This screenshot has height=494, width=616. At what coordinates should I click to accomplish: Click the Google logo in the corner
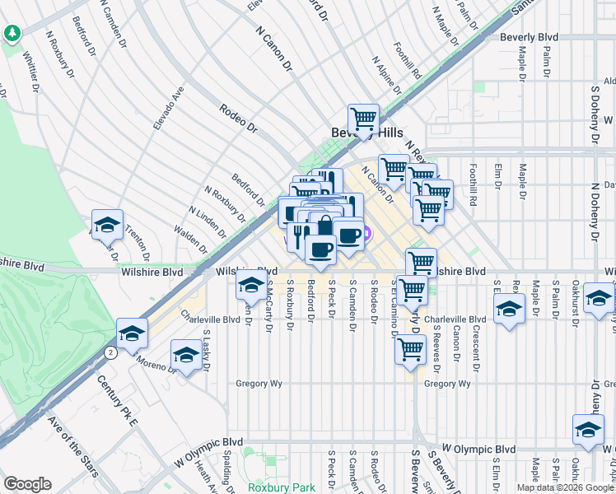(x=28, y=484)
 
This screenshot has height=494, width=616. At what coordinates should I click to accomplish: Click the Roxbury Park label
(x=282, y=487)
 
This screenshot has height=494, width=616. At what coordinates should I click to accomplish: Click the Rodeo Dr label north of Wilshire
(x=239, y=118)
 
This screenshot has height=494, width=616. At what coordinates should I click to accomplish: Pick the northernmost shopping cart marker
(x=363, y=118)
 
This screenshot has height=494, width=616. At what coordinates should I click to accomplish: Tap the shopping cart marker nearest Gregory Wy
(x=410, y=349)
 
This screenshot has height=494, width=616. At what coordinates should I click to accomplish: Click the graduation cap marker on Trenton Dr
(x=107, y=224)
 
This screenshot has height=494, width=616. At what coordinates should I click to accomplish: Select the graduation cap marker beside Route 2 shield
(x=130, y=333)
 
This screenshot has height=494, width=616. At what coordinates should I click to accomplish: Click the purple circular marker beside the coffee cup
(x=367, y=234)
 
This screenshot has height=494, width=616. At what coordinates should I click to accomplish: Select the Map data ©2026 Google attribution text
(x=564, y=487)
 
